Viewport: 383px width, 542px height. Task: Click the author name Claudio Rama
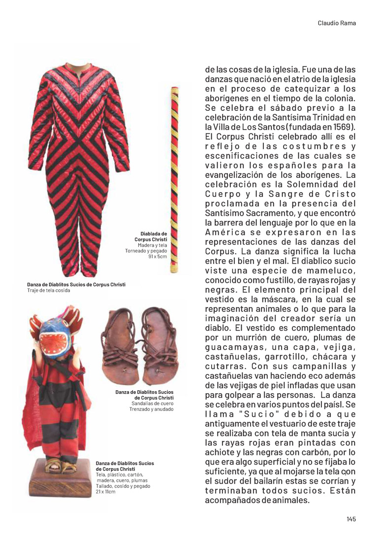337,23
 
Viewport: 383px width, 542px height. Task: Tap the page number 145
351,518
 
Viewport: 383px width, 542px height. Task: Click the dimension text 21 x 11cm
106,492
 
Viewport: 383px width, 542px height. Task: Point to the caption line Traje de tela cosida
49,291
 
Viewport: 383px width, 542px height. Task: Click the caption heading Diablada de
154,234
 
